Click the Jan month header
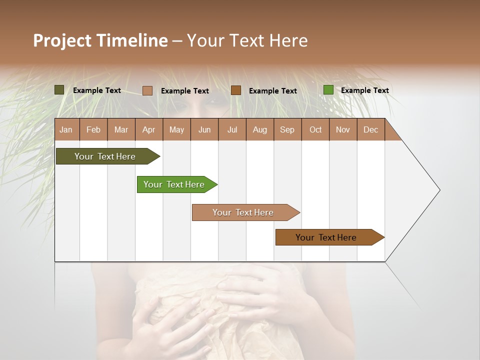[x=66, y=129]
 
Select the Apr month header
[x=149, y=129]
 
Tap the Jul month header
[x=232, y=129]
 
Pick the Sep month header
[x=287, y=129]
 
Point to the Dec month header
[x=370, y=129]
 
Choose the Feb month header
[x=93, y=129]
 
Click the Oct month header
[x=315, y=129]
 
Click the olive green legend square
[x=59, y=90]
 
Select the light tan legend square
[x=147, y=90]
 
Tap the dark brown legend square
[x=236, y=90]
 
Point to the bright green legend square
[x=328, y=90]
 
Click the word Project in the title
[x=62, y=40]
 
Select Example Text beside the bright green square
[x=364, y=90]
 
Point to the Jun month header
[x=204, y=129]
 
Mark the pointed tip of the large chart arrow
[x=439, y=189]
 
